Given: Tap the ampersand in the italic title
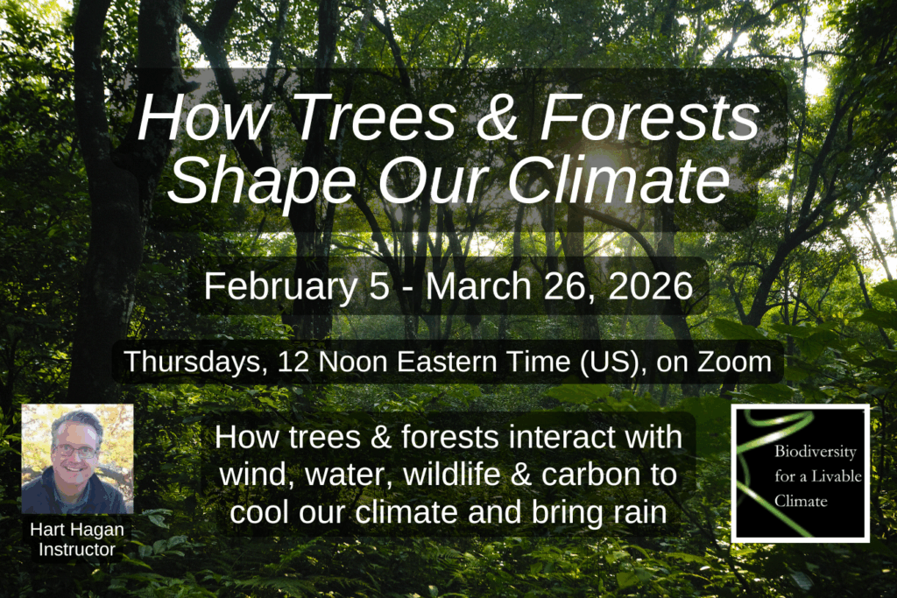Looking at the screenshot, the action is click(498, 117).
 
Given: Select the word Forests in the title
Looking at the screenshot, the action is click(649, 117).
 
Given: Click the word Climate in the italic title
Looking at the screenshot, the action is click(618, 180).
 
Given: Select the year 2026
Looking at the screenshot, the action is click(651, 285).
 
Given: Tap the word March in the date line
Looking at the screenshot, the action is click(478, 285).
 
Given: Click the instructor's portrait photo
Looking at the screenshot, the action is click(77, 459).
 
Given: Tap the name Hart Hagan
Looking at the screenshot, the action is click(77, 530).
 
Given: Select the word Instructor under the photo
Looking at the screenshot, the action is click(77, 550).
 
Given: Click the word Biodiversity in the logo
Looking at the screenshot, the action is click(816, 452).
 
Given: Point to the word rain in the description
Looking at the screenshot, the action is click(640, 512).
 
